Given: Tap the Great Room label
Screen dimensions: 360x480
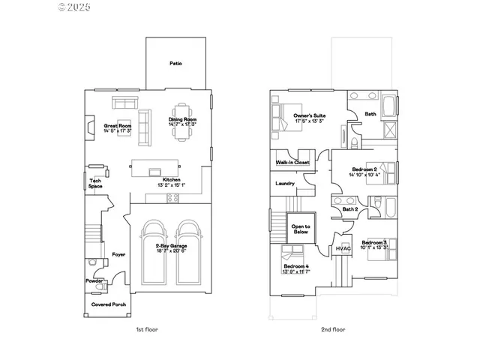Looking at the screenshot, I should point(118,125).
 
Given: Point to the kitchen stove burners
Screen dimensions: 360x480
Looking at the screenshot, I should point(172,198).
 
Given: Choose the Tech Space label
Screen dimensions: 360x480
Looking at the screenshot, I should point(95,182).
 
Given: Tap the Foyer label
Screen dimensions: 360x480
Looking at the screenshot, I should point(118,255).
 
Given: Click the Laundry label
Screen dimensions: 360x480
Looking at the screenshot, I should point(284,183).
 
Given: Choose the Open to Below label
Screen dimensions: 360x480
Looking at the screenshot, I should point(301,229).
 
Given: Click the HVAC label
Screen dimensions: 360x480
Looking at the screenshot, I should point(343,248).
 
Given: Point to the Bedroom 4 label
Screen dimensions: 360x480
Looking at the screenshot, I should point(296,268).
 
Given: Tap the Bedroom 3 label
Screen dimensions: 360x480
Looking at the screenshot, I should point(374,245).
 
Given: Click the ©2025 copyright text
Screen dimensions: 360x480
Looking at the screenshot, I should point(74,7).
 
